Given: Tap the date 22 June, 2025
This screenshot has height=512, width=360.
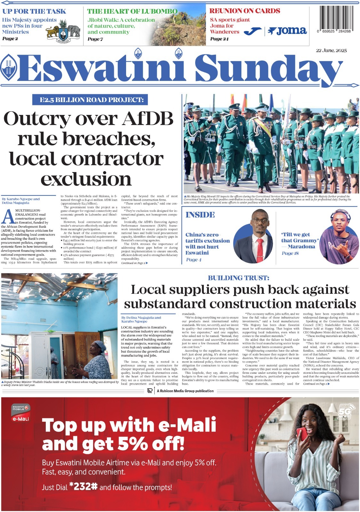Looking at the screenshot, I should coord(331,51).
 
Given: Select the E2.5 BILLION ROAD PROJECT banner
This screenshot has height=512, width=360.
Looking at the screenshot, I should coord(90,100).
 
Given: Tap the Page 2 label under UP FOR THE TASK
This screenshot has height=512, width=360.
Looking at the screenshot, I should coord(10,39).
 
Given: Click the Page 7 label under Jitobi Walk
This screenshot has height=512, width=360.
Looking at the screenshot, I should coord(95,39).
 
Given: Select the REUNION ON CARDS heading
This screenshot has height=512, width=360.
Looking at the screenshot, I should coord(244,11).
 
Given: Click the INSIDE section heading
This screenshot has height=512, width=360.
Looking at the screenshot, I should coord(200,215).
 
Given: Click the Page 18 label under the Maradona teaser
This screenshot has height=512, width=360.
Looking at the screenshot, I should coord(290,253).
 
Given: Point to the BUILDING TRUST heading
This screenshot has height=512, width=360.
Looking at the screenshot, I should coord(238,278).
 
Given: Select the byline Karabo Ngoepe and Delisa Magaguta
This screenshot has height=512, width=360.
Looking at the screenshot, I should coord(21,201).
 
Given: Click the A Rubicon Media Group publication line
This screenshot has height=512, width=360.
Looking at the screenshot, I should coord(185,391).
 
